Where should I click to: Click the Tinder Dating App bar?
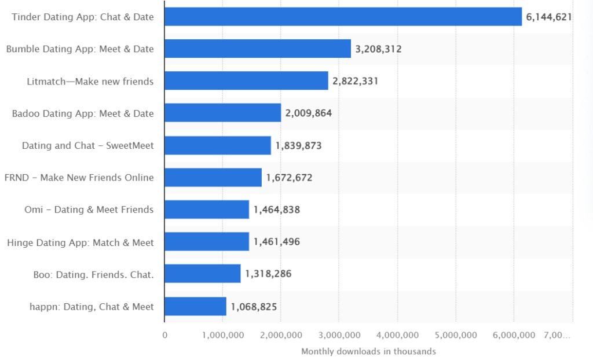click(x=343, y=17)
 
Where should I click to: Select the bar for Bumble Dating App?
click(x=258, y=49)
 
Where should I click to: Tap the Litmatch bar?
click(x=246, y=80)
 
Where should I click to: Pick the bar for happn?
click(x=195, y=306)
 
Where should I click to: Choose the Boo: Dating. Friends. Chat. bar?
click(x=202, y=273)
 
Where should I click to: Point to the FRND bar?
click(x=213, y=177)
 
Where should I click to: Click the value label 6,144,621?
click(x=549, y=17)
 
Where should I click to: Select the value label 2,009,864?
click(x=308, y=113)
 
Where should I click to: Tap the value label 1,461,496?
click(x=276, y=241)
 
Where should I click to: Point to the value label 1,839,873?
click(x=298, y=146)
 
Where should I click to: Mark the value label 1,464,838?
click(x=276, y=210)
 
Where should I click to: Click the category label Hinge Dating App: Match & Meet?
click(x=80, y=243)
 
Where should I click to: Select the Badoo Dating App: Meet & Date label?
click(x=83, y=113)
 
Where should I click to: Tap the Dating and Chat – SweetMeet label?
click(x=88, y=146)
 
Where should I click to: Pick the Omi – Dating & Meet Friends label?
click(x=89, y=210)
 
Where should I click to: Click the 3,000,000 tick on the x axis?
click(x=339, y=336)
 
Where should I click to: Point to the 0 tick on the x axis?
click(x=165, y=336)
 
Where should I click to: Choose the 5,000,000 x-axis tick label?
click(x=456, y=336)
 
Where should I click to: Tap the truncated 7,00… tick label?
click(x=557, y=336)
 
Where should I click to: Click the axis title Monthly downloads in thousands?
click(x=368, y=352)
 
